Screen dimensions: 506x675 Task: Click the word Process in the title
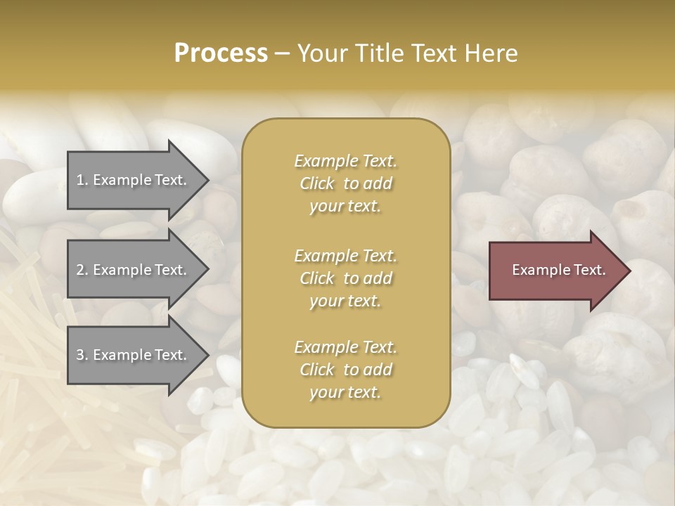[x=221, y=53]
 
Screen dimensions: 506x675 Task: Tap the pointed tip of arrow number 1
[x=207, y=180]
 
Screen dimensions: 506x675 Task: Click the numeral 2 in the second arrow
[x=80, y=270]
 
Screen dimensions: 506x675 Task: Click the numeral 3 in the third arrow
[x=80, y=355]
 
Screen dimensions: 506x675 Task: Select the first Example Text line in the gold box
[x=345, y=161]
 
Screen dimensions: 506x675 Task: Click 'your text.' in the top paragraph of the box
[x=345, y=206]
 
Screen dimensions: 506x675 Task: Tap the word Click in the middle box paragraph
[x=317, y=278]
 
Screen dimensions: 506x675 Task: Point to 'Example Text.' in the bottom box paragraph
[x=345, y=347]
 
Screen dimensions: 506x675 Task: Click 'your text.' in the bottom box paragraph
[x=345, y=392]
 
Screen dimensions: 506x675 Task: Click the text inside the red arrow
[x=558, y=270]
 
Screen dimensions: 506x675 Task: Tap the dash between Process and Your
[x=283, y=53]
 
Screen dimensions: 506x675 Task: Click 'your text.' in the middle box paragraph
[x=345, y=301]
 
